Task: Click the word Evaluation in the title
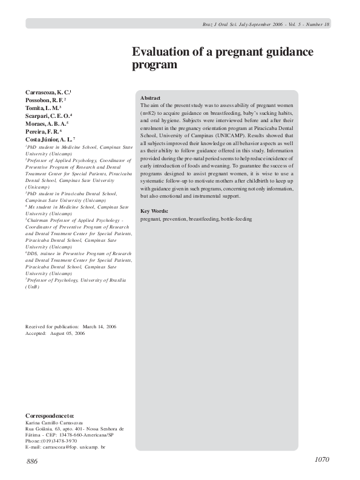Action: tap(160, 52)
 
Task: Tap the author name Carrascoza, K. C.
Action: tap(48, 92)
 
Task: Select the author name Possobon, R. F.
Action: tap(45, 99)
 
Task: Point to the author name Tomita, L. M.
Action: tap(42, 107)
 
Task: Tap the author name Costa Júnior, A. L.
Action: tap(50, 138)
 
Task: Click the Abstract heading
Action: tap(150, 98)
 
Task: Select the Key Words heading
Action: tap(154, 211)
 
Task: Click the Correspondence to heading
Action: tap(50, 417)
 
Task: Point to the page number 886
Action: tap(32, 461)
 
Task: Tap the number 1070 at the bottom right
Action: tap(322, 460)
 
